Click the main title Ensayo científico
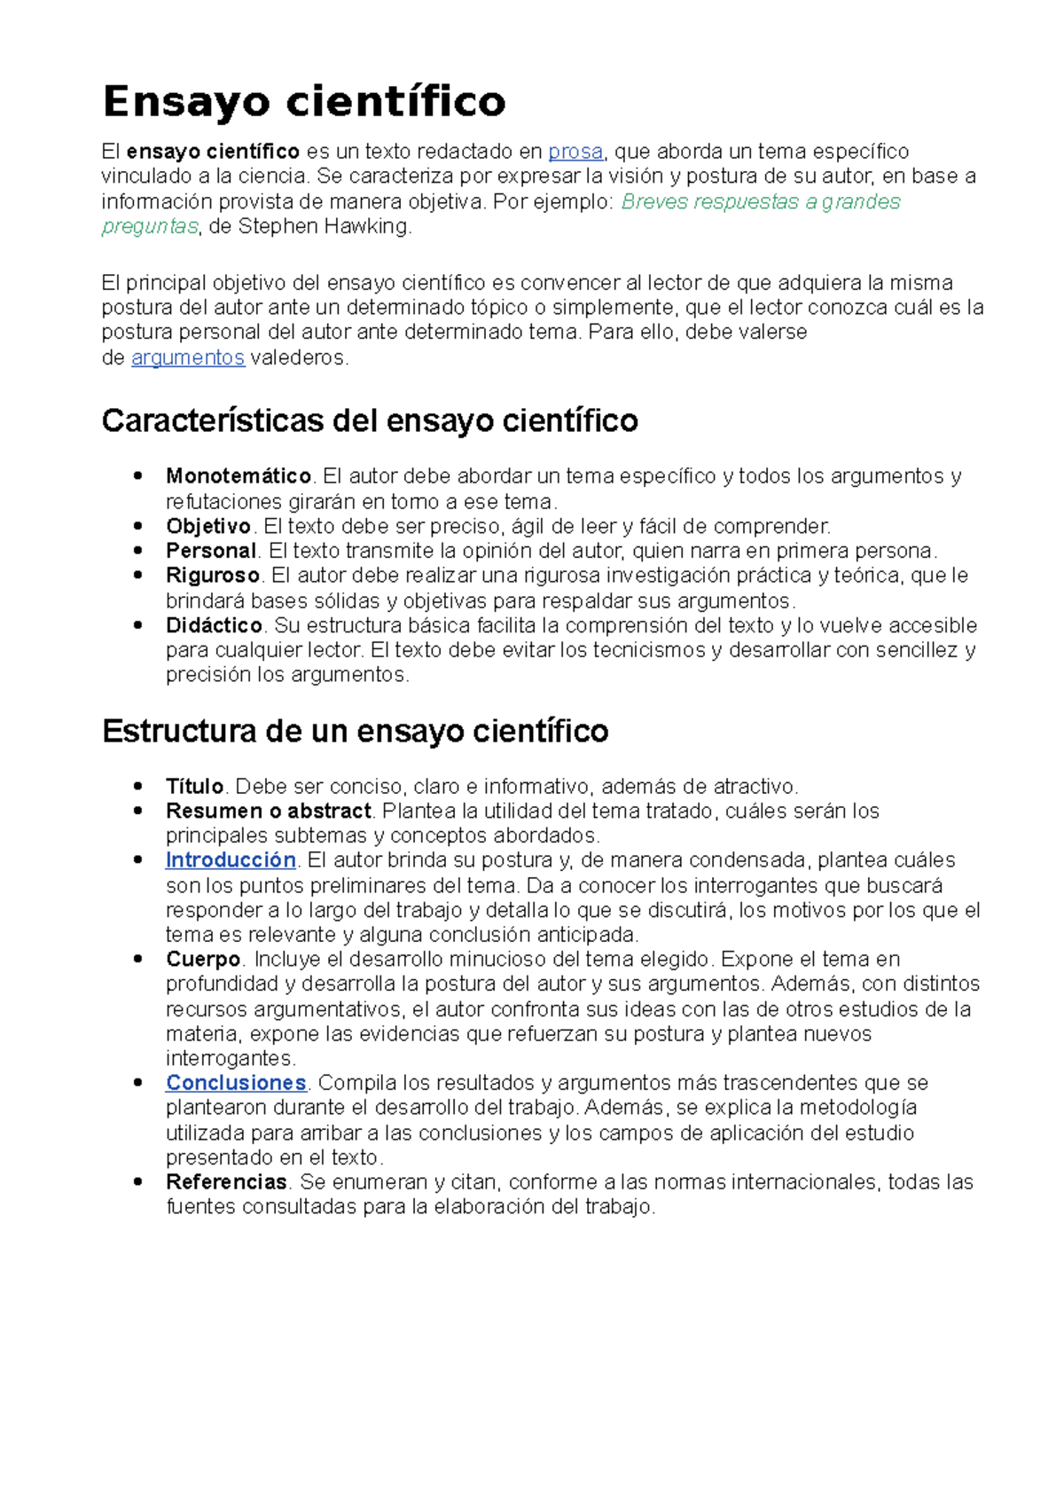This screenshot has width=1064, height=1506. coord(304,102)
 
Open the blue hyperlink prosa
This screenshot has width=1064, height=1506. coord(575,152)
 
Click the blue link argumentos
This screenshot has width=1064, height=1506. coord(187,357)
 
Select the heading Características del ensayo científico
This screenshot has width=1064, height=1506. coord(370,420)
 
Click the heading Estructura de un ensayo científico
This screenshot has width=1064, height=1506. coord(355,731)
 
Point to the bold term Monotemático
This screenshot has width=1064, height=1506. coord(238,476)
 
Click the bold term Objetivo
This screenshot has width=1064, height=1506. coord(208,526)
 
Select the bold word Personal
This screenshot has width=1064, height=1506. coord(211,551)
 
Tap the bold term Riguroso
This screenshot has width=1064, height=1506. coord(213,576)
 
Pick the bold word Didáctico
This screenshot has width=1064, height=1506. coord(214,625)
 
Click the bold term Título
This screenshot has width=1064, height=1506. coord(194,787)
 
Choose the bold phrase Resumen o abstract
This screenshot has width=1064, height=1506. coord(268,811)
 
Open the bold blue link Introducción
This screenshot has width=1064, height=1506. coord(231,860)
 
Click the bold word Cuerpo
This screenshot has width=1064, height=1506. coord(203,960)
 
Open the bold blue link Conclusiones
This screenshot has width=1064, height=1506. coord(236,1083)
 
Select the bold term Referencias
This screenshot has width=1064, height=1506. coord(226,1182)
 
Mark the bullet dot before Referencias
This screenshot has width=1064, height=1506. coord(137,1181)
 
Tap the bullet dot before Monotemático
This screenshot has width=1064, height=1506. coord(137,475)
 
